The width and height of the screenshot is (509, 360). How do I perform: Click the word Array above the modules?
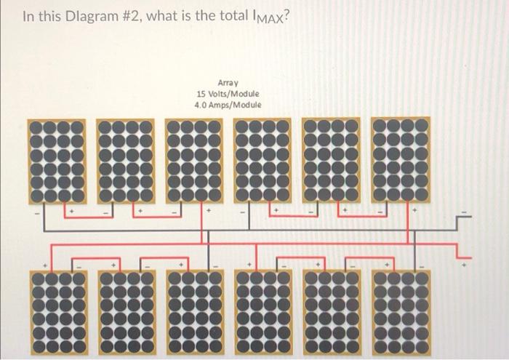(228, 84)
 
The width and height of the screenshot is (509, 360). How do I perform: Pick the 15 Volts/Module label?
(228, 95)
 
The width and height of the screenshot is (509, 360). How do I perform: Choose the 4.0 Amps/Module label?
(228, 105)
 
